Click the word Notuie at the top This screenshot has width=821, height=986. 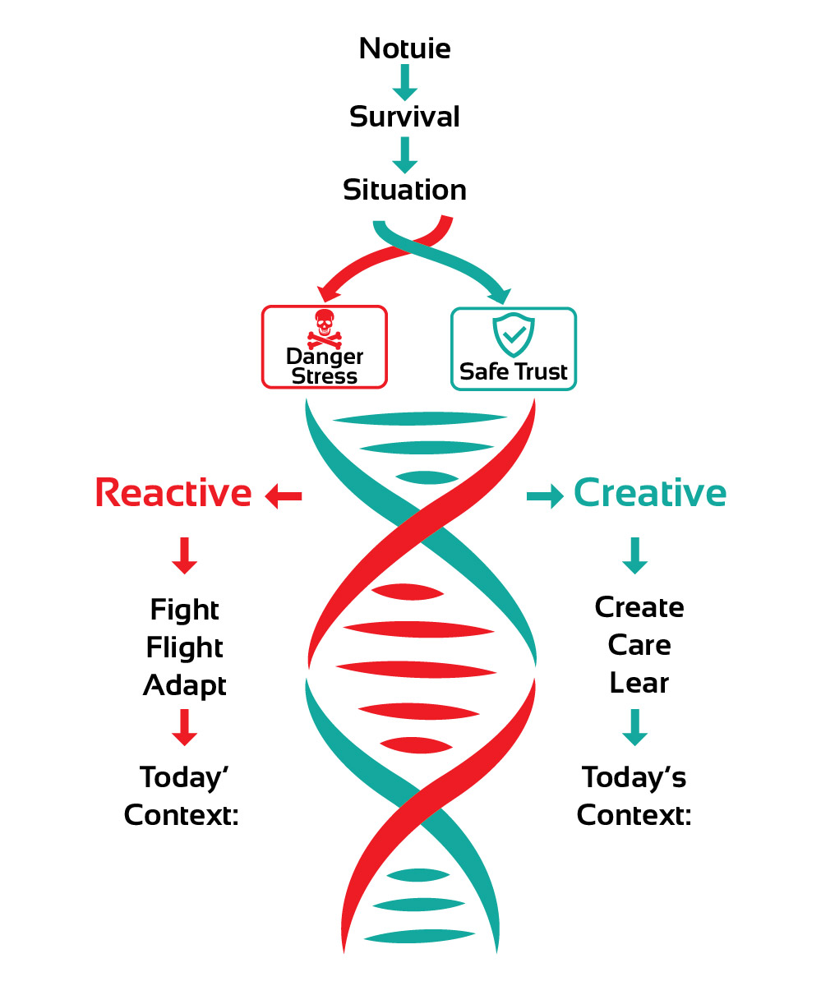pos(404,48)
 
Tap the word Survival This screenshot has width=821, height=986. pos(404,117)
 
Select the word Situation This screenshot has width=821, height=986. pos(404,190)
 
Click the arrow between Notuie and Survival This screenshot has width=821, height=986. pos(404,83)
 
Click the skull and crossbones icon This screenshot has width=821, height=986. pos(324,329)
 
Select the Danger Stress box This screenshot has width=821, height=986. pos(324,347)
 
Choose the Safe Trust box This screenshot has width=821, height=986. pos(514,348)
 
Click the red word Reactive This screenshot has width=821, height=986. pos(173,493)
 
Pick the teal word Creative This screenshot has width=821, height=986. pos(649,493)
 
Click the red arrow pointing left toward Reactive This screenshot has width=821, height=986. pos(284,495)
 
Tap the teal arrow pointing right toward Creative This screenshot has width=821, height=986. pos(545,495)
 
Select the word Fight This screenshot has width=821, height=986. pos(185,610)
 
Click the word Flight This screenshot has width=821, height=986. pos(185,647)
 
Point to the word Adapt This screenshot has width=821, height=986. pos(185,685)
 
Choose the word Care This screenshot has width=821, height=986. pos(639,645)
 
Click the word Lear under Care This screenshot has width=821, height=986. pos(639,683)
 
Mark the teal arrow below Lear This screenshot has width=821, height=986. pos(634,727)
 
